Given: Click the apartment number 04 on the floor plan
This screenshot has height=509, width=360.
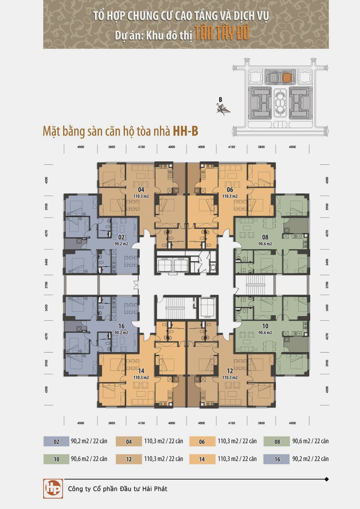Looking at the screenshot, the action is (141, 190).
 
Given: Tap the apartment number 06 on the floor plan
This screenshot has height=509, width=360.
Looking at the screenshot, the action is (230, 190).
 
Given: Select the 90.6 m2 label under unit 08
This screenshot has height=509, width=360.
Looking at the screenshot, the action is (265, 244).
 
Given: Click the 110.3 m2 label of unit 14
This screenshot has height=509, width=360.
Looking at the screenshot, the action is (141, 377).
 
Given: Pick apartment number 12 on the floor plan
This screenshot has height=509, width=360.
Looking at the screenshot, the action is (230, 371).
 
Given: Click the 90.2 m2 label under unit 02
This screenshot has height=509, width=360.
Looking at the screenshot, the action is (121, 244).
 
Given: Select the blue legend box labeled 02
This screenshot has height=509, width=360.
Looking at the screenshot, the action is (56, 442).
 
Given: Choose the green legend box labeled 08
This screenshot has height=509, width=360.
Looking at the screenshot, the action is (277, 442).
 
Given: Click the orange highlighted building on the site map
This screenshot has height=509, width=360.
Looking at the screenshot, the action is (287, 78).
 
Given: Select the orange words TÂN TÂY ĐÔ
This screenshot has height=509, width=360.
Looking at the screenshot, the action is (222, 33).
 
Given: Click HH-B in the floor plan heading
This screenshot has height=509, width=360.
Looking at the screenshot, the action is (186, 131).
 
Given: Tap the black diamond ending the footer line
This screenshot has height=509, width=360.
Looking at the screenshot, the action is (327, 479).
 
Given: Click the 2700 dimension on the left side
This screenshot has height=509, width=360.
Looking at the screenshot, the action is (46, 285).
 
